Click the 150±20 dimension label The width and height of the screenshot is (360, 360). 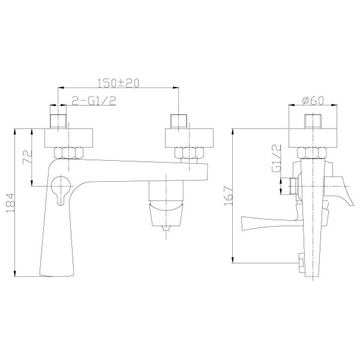pos(118,83)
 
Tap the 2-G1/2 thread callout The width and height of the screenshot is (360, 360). pos(94,101)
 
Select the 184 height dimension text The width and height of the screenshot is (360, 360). pos(10,203)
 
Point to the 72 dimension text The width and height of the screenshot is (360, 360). pos(28,157)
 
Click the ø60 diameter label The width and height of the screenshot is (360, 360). pos(313,100)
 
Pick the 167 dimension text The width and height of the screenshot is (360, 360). pos(228,196)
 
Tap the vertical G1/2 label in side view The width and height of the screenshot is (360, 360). pos(276,158)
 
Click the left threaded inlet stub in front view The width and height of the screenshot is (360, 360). pos(58,121)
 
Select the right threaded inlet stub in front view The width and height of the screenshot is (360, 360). pos(179,121)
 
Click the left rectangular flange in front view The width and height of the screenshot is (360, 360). pos(68,138)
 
